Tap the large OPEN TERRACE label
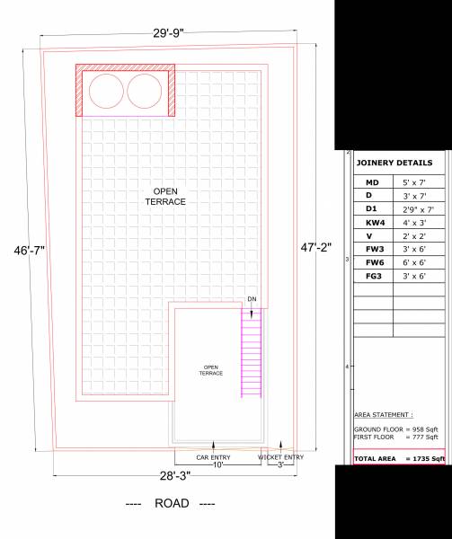click(165, 197)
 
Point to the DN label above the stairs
click(252, 299)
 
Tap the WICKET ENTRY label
click(280, 457)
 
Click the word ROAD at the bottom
click(171, 504)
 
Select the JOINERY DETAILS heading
click(394, 163)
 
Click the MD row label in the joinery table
click(372, 182)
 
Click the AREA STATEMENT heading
click(384, 416)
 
